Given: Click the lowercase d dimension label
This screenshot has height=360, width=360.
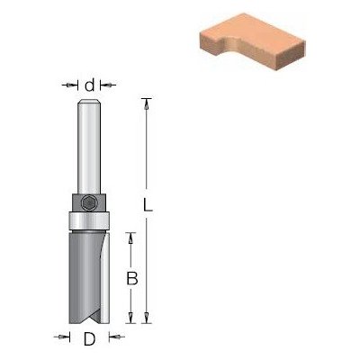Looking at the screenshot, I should [89, 85].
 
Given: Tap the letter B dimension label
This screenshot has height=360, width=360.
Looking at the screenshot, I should [130, 279].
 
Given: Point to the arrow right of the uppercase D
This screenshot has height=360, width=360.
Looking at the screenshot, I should [116, 338].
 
